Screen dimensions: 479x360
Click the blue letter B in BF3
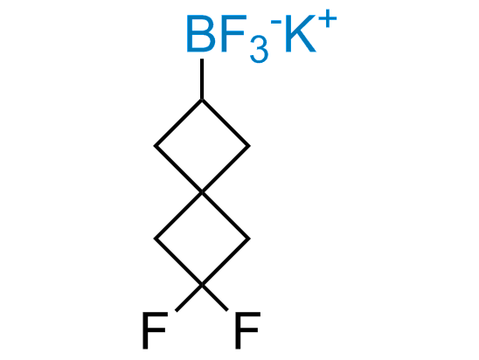click(x=201, y=33)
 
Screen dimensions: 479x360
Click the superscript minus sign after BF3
click(x=276, y=21)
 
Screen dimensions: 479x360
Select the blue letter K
click(x=301, y=33)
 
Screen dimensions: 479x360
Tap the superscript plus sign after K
click(x=328, y=18)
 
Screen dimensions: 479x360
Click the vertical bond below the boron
click(x=202, y=79)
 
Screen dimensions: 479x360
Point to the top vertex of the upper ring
click(x=202, y=100)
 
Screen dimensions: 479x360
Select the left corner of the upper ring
click(x=155, y=146)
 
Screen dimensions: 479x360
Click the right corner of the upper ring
click(x=249, y=146)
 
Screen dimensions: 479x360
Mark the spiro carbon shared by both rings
click(x=202, y=192)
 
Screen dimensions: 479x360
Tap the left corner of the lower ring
click(x=155, y=239)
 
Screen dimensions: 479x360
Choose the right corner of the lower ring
click(x=249, y=239)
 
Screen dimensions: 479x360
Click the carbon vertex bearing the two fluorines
click(x=202, y=285)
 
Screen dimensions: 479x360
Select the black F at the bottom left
click(x=155, y=330)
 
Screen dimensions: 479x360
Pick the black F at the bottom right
click(x=247, y=330)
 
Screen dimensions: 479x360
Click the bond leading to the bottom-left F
click(x=189, y=298)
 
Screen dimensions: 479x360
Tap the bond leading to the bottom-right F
click(x=215, y=298)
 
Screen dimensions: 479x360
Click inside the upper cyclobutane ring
click(x=202, y=146)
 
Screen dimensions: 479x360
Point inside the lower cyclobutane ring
click(x=202, y=239)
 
